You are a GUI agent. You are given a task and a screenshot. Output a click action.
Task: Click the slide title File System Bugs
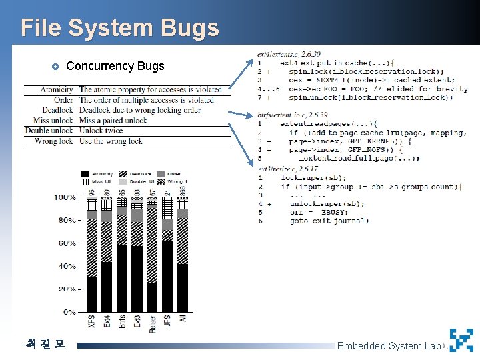(x=119, y=28)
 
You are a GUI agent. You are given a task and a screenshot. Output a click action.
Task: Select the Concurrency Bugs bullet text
(x=115, y=66)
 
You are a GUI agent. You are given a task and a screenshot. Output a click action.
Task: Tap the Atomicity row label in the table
(x=57, y=89)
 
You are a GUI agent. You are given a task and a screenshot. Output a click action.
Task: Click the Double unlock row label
(x=49, y=131)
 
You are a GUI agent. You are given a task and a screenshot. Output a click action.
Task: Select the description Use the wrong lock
(x=111, y=141)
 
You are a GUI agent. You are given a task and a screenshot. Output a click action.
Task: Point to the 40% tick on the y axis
(x=67, y=267)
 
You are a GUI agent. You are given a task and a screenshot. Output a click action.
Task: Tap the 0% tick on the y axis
(x=70, y=312)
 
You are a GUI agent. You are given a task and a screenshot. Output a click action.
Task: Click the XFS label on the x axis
(x=91, y=321)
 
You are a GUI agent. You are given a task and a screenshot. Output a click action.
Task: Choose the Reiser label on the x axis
(x=153, y=323)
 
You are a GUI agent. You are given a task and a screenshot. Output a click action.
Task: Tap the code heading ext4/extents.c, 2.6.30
(x=288, y=53)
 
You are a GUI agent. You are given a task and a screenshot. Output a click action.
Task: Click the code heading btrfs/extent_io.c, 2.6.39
(x=292, y=115)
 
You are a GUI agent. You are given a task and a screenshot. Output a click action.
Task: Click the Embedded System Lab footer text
(x=389, y=345)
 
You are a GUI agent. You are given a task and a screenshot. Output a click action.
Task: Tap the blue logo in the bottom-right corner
(x=461, y=340)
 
